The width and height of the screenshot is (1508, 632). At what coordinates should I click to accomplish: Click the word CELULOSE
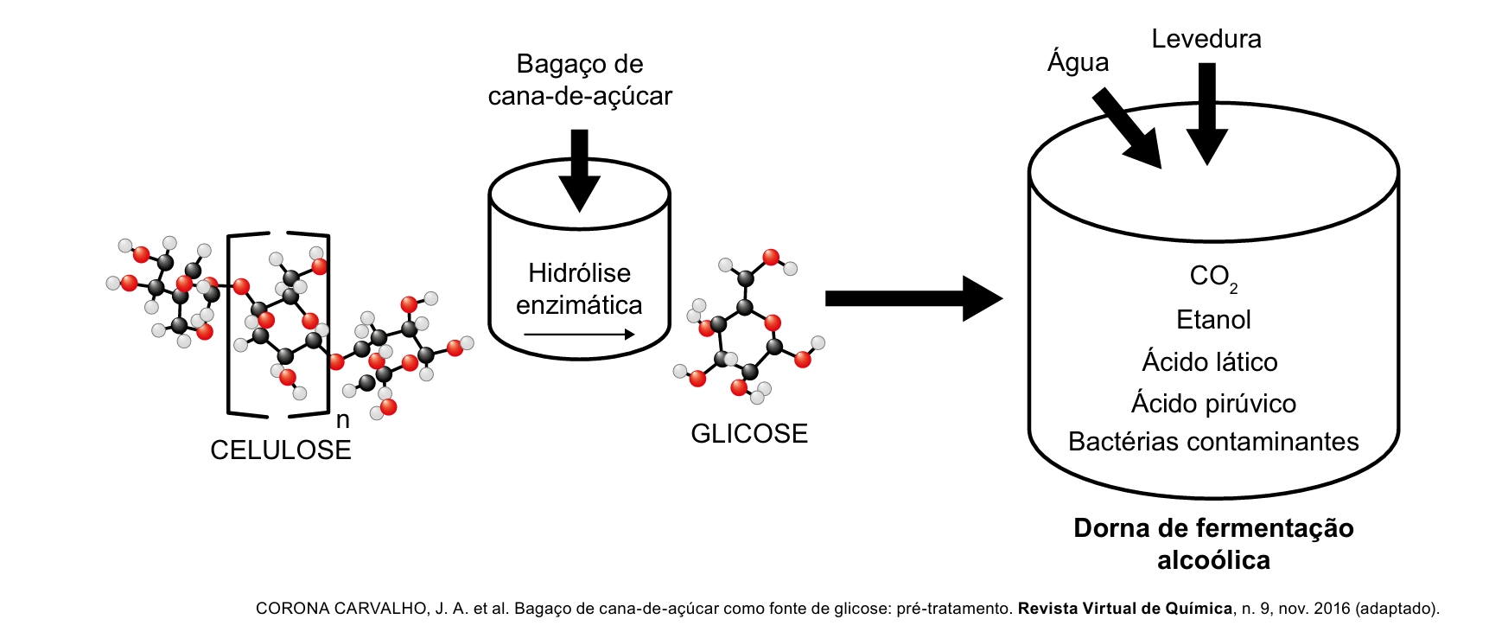(x=281, y=450)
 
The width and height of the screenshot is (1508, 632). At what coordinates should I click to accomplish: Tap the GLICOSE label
(x=749, y=433)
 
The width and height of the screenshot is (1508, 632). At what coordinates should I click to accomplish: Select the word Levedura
(x=1206, y=39)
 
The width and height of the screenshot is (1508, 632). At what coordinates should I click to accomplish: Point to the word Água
(x=1078, y=62)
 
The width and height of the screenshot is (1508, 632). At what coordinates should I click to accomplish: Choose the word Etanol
(x=1213, y=320)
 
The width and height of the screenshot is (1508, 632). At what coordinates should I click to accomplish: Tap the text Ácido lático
(x=1210, y=361)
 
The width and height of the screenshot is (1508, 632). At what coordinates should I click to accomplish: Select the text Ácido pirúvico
(x=1213, y=403)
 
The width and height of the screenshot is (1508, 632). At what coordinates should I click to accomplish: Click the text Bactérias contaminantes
(x=1213, y=442)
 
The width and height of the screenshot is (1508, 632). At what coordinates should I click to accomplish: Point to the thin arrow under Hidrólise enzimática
(x=579, y=335)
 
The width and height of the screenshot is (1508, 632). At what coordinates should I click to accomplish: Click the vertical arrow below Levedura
(x=1206, y=112)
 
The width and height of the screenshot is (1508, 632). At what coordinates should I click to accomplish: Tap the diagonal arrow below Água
(x=1128, y=128)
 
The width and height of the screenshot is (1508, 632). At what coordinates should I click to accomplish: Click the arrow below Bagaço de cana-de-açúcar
(x=579, y=169)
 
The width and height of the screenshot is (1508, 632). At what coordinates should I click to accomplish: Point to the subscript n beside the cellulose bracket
(x=343, y=420)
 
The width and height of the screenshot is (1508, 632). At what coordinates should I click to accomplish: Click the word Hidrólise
(x=579, y=273)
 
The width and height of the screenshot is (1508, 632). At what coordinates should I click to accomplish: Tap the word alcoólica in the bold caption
(x=1213, y=560)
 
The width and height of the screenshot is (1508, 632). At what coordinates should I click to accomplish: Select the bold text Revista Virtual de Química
(x=1125, y=609)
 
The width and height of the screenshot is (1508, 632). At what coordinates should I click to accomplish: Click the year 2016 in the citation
(x=1332, y=609)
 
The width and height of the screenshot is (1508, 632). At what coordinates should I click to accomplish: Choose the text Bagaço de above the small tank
(x=579, y=64)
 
